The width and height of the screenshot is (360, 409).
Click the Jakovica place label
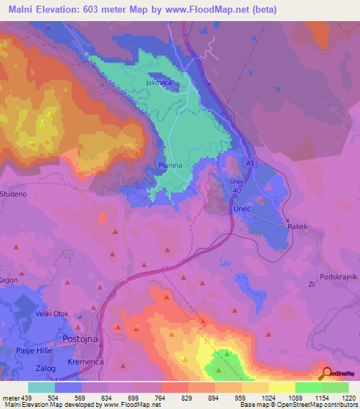pyautogui.click(x=158, y=82)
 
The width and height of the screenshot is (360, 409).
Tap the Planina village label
pyautogui.click(x=170, y=165)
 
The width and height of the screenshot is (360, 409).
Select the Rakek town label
pyautogui.click(x=297, y=227)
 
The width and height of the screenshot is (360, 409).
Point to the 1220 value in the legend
pyautogui.click(x=349, y=397)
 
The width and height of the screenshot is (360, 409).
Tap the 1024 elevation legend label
pyautogui.click(x=269, y=397)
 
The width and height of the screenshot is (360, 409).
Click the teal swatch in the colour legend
pyautogui.click(x=41, y=387)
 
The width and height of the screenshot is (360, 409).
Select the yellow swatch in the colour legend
pyautogui.click(x=282, y=387)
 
